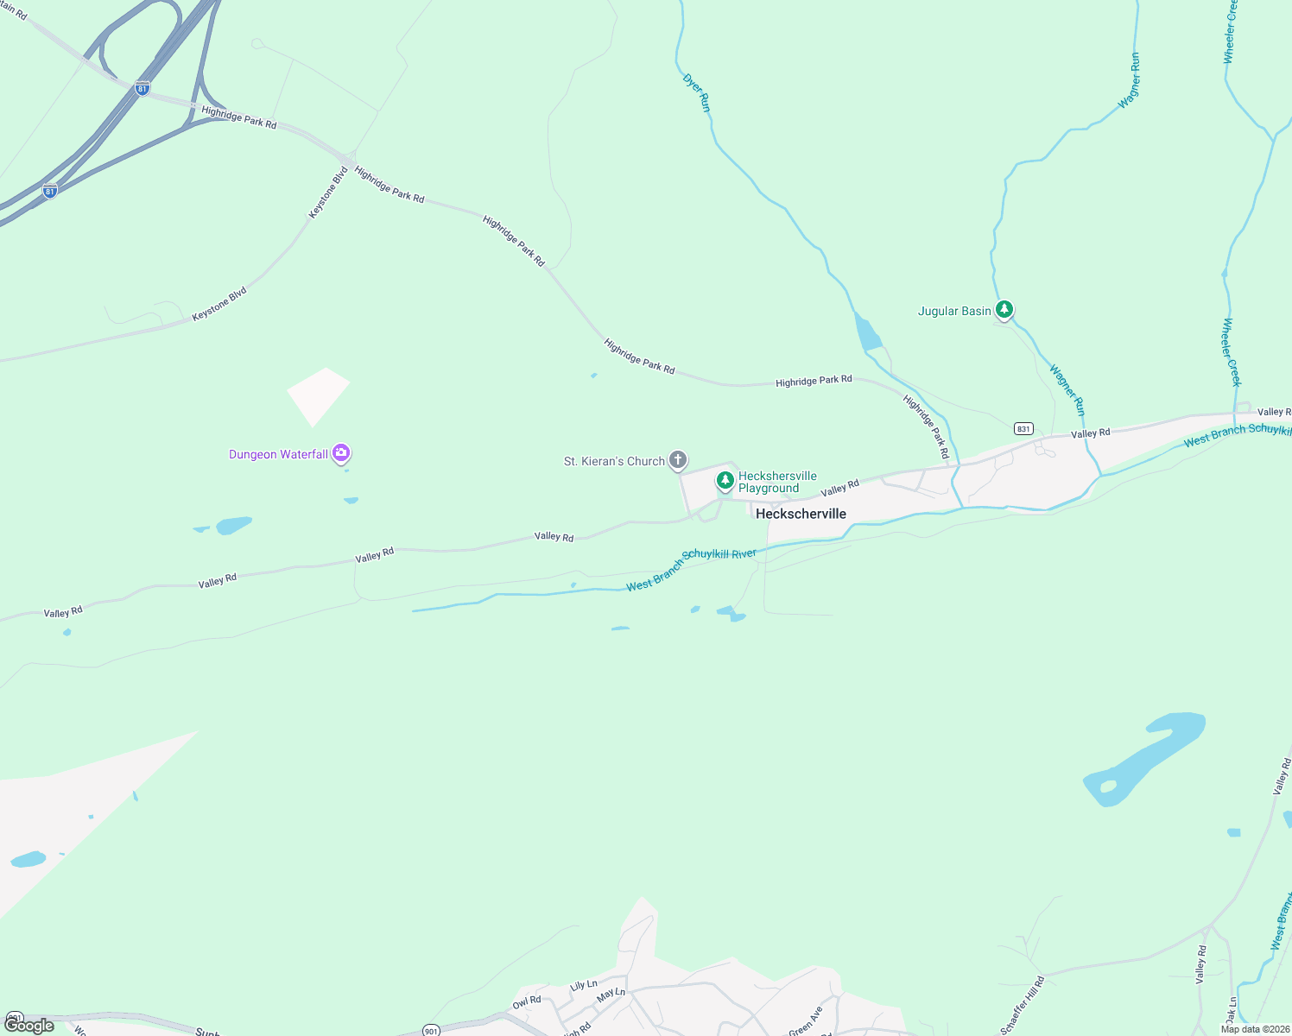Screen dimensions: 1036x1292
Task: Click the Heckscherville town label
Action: point(801,514)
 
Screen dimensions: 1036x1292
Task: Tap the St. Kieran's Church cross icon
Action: point(678,460)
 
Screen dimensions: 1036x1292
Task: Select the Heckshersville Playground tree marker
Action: point(725,480)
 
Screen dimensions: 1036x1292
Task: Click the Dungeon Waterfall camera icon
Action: point(341,452)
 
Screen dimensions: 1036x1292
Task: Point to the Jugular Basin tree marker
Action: point(1004,309)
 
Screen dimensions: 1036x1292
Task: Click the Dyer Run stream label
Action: point(696,92)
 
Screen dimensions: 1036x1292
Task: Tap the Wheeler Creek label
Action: point(1232,352)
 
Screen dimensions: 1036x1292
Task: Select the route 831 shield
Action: point(1023,428)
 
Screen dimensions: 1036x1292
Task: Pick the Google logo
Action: point(29,1026)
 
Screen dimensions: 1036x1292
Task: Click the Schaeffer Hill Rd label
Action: point(1023,1005)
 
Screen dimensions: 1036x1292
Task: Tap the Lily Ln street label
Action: point(583,985)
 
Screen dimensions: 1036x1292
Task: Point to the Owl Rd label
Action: point(527,1002)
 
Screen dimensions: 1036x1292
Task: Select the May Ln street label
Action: point(611,994)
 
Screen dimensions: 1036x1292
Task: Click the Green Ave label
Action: point(806,1020)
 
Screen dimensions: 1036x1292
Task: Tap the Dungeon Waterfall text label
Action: point(278,454)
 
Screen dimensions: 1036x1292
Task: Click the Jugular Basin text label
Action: point(954,311)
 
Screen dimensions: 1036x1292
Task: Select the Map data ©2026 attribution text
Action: point(1254,1029)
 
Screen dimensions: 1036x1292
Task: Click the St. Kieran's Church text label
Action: point(614,461)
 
